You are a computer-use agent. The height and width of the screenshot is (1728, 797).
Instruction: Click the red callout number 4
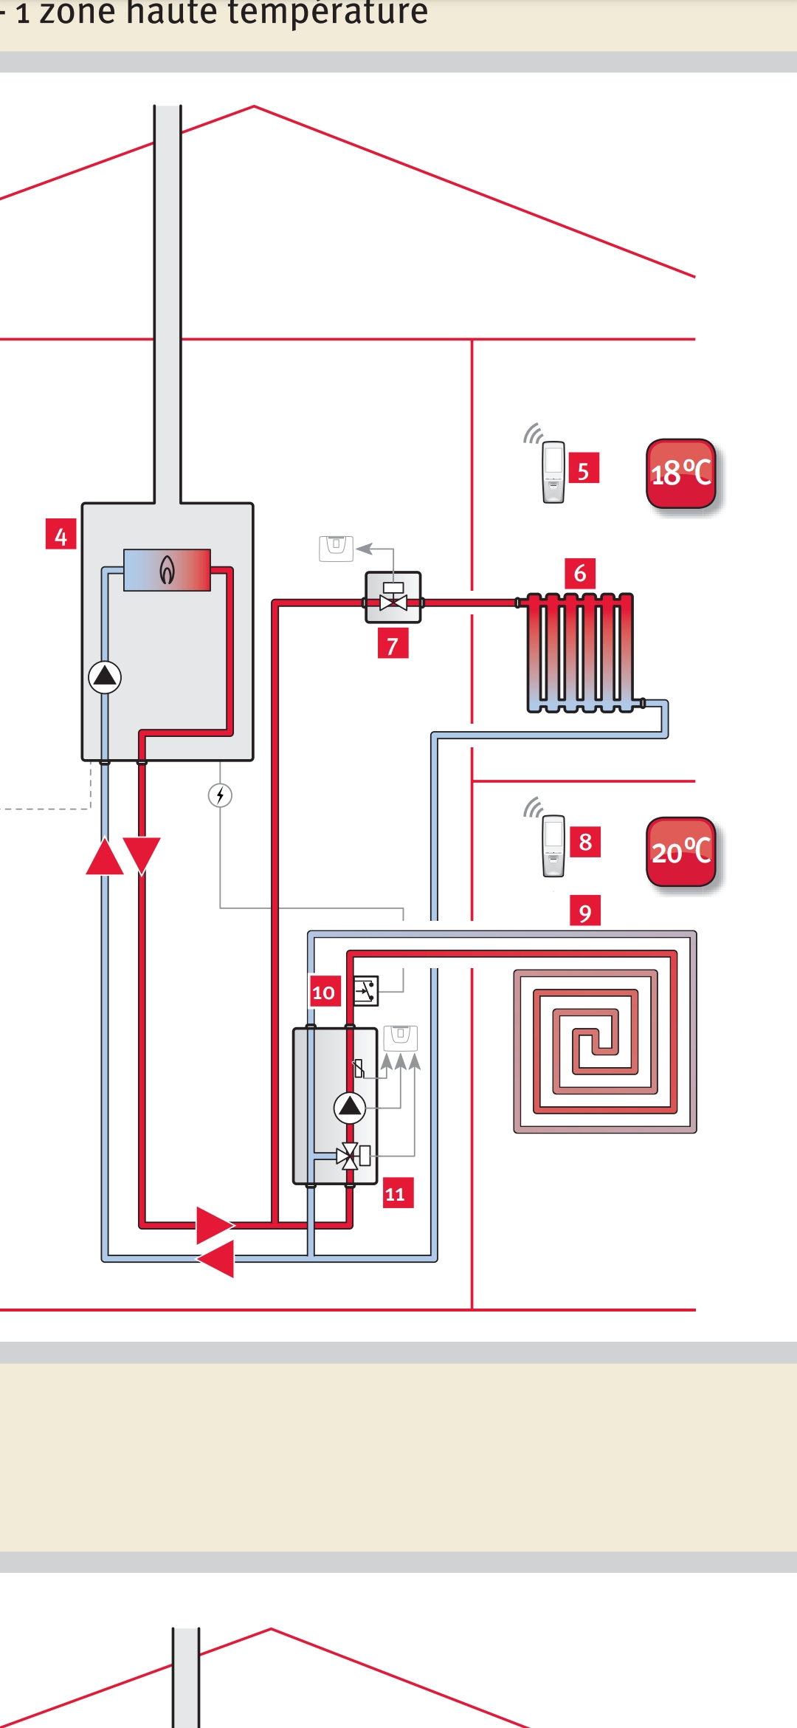[x=61, y=535]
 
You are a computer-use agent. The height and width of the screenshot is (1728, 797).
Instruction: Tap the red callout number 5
[x=584, y=470]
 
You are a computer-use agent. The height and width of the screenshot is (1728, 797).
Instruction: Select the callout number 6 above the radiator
[x=580, y=573]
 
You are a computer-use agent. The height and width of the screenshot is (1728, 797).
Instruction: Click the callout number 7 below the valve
[x=393, y=644]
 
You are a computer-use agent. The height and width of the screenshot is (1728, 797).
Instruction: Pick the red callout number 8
[x=585, y=842]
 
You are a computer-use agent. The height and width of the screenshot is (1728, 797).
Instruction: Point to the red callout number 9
[x=585, y=911]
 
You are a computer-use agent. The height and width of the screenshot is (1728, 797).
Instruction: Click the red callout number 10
[x=324, y=992]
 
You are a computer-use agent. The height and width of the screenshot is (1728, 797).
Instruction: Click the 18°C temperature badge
[x=681, y=473]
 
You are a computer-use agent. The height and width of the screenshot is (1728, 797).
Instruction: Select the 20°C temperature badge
[x=681, y=851]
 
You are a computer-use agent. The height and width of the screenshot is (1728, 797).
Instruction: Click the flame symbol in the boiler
[x=168, y=569]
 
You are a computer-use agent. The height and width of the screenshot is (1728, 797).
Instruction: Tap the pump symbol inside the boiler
[x=105, y=676]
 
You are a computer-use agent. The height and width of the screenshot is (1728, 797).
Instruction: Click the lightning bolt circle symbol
[x=220, y=795]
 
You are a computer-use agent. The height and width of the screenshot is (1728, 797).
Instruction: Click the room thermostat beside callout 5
[x=553, y=472]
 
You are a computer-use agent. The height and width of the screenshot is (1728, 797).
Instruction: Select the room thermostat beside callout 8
[x=553, y=846]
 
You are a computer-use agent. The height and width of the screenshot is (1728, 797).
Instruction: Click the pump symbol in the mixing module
[x=350, y=1106]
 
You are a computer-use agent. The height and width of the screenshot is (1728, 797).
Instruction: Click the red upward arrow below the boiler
[x=105, y=857]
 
